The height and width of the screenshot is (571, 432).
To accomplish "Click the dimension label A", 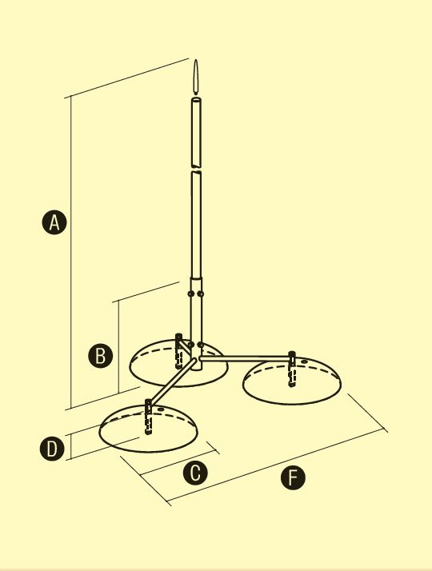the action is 54,222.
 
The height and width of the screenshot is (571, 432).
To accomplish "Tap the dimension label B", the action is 100,355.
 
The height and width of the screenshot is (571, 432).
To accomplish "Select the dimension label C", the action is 195,473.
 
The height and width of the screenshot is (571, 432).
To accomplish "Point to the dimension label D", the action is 52,449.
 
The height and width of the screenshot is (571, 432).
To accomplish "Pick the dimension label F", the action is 293,477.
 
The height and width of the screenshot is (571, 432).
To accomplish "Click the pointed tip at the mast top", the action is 196,60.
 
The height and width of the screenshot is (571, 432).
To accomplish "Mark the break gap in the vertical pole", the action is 196,170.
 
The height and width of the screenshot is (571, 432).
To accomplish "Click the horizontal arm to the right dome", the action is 245,359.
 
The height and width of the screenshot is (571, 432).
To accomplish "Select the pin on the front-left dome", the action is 148,416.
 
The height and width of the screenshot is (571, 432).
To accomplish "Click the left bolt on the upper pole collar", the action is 190,293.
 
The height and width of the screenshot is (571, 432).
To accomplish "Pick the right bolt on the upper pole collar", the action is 200,293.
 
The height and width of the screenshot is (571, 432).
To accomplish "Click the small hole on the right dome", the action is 305,361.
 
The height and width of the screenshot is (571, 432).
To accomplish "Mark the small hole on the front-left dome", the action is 161,409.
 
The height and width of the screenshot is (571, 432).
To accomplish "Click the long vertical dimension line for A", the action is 70,253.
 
